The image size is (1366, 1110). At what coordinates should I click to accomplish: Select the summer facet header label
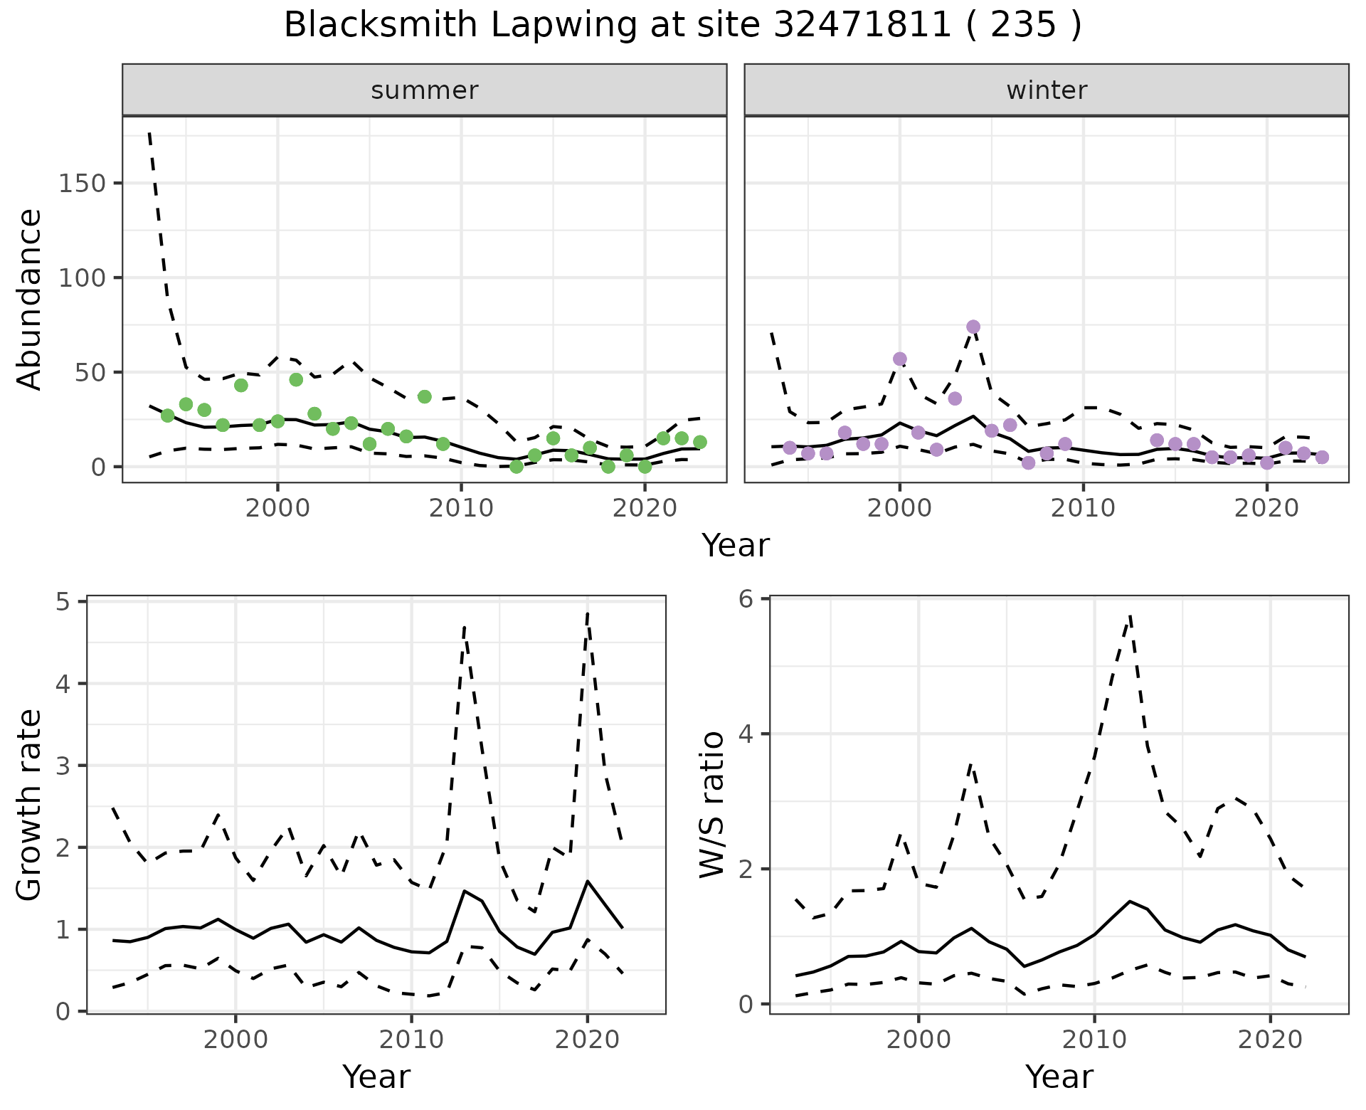click(425, 90)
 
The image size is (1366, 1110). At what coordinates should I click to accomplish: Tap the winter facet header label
click(1047, 90)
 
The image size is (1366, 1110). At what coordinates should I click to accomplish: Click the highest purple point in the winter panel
click(973, 327)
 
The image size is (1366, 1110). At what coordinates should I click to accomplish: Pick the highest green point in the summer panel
click(296, 380)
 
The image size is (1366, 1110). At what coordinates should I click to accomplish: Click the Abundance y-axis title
click(30, 299)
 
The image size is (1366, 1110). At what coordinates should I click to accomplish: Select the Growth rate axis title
click(30, 805)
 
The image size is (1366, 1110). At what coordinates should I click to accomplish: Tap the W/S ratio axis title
click(711, 804)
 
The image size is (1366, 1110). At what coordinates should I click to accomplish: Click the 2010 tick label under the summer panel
click(461, 509)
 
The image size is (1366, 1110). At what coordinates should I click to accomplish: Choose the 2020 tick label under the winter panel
click(1266, 509)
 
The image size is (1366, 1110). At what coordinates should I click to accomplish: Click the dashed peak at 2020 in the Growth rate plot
click(588, 613)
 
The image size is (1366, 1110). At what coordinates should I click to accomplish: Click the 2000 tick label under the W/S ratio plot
click(918, 1040)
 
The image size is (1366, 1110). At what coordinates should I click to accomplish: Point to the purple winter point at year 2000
click(900, 359)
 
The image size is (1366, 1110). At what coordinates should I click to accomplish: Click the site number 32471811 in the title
click(862, 26)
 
